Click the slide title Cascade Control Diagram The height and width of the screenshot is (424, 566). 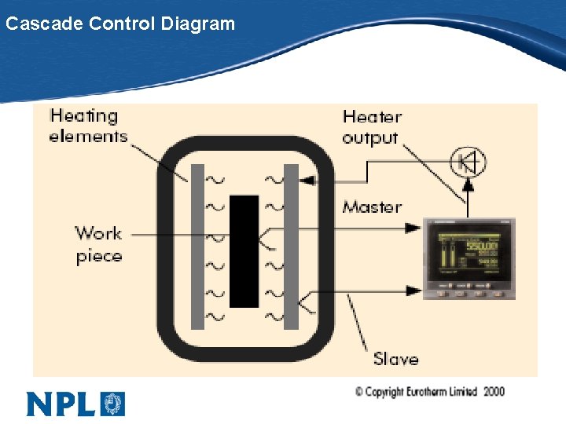click(119, 24)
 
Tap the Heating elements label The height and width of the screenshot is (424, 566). click(87, 126)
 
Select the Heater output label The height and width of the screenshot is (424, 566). click(371, 126)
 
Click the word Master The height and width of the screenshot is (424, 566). click(372, 207)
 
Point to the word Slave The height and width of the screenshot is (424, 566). click(395, 359)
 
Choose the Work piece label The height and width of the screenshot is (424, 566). click(99, 244)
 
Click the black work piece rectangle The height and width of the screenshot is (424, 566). click(244, 251)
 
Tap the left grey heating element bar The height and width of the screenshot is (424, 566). click(197, 247)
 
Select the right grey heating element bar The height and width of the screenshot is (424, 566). click(291, 247)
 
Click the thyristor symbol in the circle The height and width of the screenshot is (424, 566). click(468, 163)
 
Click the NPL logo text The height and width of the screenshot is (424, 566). click(61, 404)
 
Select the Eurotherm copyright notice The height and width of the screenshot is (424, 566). click(429, 391)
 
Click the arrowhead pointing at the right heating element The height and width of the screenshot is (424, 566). click(307, 180)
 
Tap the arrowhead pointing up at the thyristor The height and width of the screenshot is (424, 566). click(468, 185)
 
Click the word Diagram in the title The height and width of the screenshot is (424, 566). click(197, 24)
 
